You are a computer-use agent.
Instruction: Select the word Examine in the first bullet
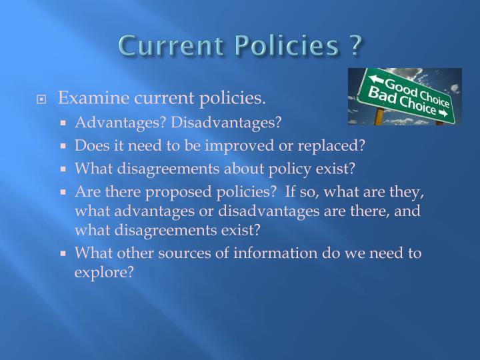86,99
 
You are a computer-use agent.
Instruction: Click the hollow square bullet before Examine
42,100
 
